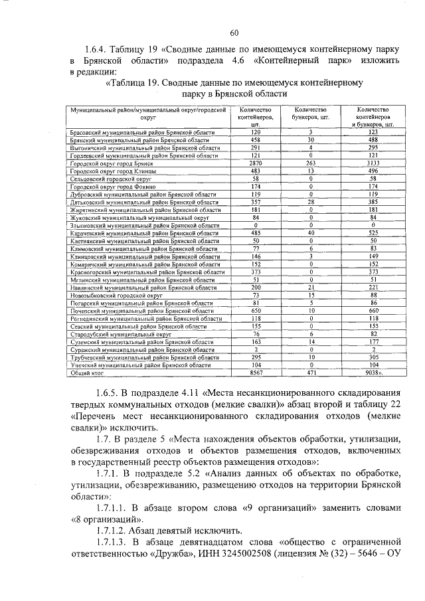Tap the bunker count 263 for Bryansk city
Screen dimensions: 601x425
click(311, 163)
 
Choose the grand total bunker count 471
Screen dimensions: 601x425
click(311, 374)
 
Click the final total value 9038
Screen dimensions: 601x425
click(374, 374)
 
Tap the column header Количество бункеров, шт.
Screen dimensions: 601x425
click(311, 113)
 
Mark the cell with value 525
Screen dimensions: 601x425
click(373, 232)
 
